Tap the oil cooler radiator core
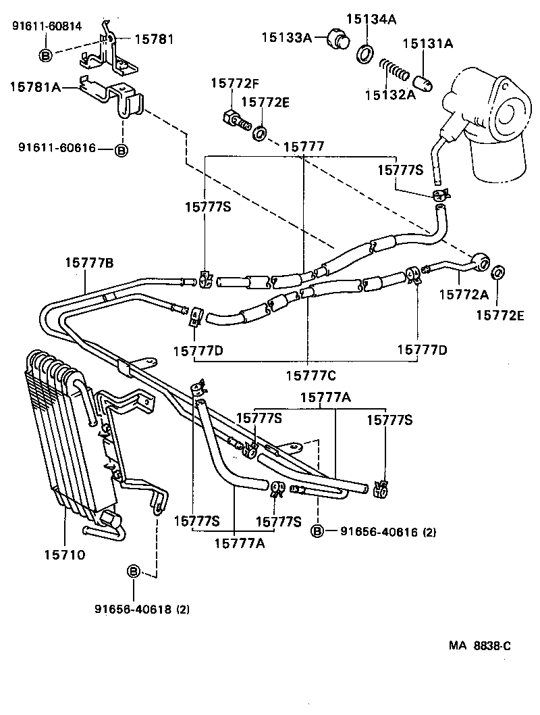click(x=64, y=433)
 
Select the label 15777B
click(x=89, y=263)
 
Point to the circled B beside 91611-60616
click(x=121, y=150)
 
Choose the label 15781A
click(x=34, y=87)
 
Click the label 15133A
click(x=286, y=38)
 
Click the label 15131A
click(x=428, y=44)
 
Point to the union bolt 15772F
click(x=233, y=120)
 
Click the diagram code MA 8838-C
click(x=480, y=645)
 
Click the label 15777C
click(x=309, y=375)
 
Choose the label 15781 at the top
click(x=153, y=40)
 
